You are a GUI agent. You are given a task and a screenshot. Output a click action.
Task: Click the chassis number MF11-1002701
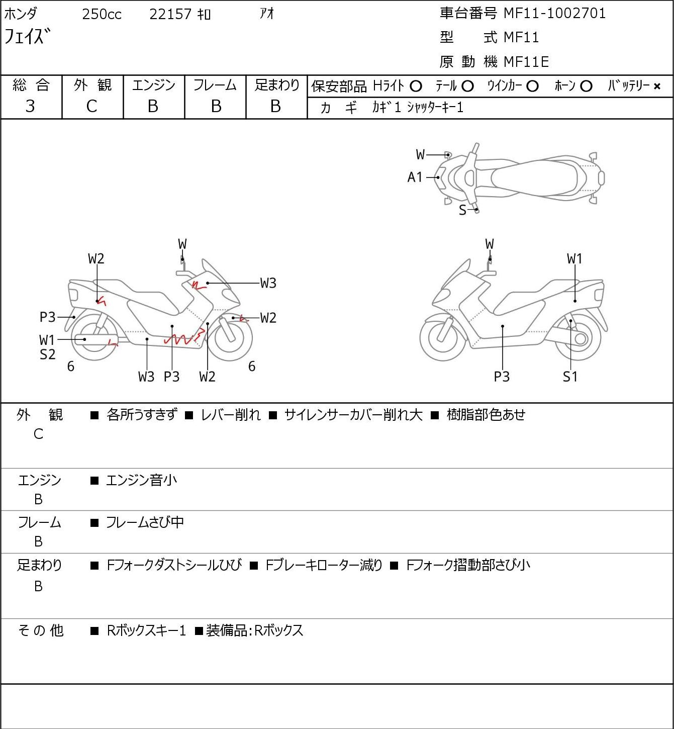554,13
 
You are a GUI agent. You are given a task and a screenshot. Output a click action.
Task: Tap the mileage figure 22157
170,14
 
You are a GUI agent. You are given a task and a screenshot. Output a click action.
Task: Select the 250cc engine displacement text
102,14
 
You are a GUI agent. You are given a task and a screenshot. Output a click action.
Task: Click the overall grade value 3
30,106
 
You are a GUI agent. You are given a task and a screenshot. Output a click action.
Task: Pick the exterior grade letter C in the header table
91,106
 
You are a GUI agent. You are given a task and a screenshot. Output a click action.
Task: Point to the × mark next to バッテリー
657,86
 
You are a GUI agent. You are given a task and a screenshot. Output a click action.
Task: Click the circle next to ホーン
586,86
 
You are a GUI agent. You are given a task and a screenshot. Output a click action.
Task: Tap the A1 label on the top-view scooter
415,177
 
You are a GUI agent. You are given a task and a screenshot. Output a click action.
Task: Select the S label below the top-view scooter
462,210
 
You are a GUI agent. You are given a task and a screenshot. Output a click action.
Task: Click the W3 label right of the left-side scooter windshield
268,284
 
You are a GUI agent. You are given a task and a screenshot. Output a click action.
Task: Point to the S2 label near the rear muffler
47,354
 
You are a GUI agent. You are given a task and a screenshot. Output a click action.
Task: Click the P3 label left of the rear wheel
47,317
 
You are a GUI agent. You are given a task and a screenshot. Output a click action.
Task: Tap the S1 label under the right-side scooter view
570,377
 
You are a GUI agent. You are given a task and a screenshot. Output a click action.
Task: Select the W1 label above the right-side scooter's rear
574,259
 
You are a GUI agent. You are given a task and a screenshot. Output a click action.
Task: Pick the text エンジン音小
141,481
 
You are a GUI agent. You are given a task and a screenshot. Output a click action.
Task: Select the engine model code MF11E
526,62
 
